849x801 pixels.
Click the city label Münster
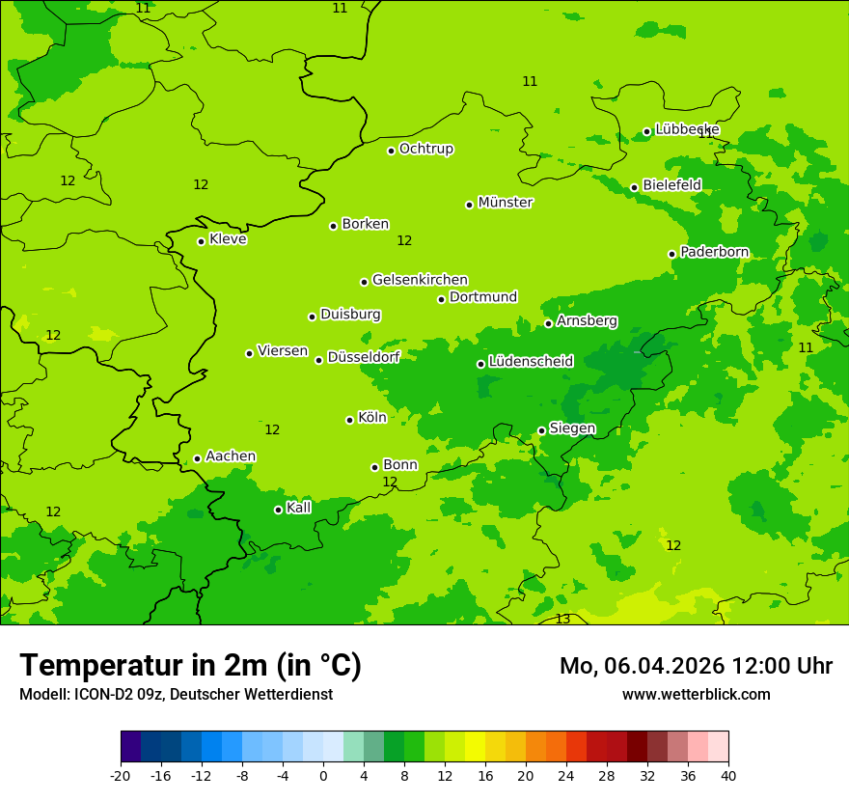(x=506, y=203)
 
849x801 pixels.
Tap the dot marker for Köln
(x=349, y=420)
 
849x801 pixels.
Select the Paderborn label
(x=714, y=252)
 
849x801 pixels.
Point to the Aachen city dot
(x=197, y=458)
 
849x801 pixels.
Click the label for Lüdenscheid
(x=531, y=362)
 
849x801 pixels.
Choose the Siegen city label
(x=572, y=428)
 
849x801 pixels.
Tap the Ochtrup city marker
(x=391, y=151)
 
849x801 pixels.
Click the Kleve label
(x=228, y=239)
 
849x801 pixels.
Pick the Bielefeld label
(x=671, y=184)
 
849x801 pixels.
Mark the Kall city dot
(x=278, y=510)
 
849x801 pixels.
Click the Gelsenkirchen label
(x=420, y=280)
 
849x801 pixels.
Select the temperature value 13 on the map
(x=562, y=619)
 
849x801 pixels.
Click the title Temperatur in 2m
(x=190, y=665)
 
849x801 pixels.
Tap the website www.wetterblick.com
(x=696, y=694)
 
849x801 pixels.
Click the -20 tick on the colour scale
(x=121, y=775)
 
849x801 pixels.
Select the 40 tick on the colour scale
(x=728, y=775)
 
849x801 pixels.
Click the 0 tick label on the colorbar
(x=323, y=775)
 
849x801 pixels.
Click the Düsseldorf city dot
(x=318, y=360)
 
